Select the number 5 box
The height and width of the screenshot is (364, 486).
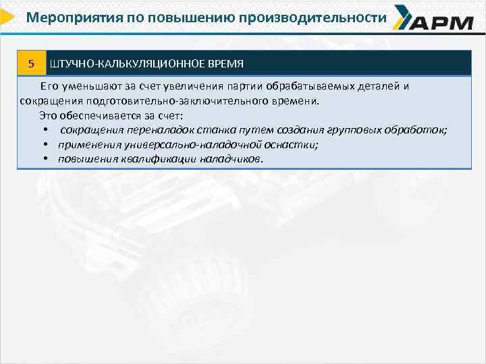click(x=31, y=63)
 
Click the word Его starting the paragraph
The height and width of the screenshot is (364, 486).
click(x=49, y=86)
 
